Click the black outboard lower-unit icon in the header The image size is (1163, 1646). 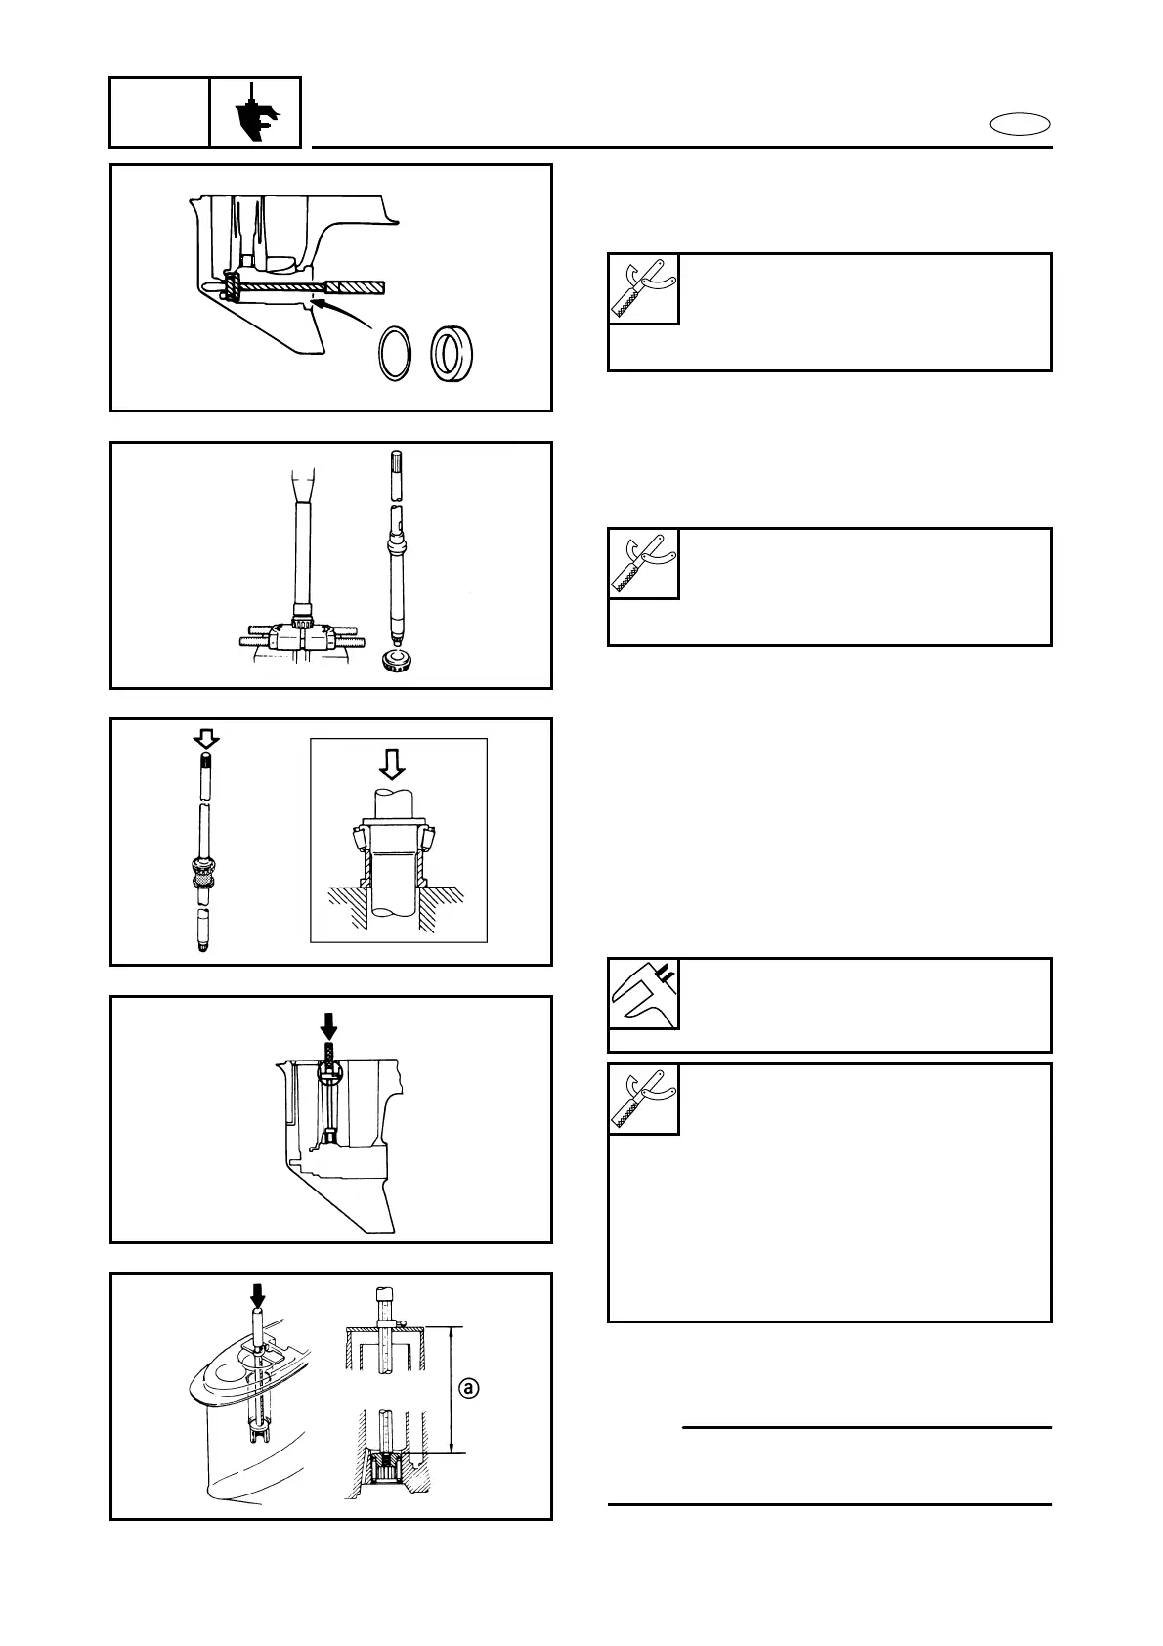point(254,112)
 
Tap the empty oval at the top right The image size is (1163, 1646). point(1019,124)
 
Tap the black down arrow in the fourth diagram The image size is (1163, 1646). point(329,1024)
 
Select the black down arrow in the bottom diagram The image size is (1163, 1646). point(257,1296)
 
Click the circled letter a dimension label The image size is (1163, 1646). point(470,1387)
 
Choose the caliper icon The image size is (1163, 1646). point(644,994)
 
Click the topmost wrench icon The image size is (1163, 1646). point(644,289)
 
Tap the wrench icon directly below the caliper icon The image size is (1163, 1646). point(644,1100)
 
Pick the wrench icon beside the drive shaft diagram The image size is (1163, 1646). point(644,564)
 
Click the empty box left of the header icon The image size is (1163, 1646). point(159,112)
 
